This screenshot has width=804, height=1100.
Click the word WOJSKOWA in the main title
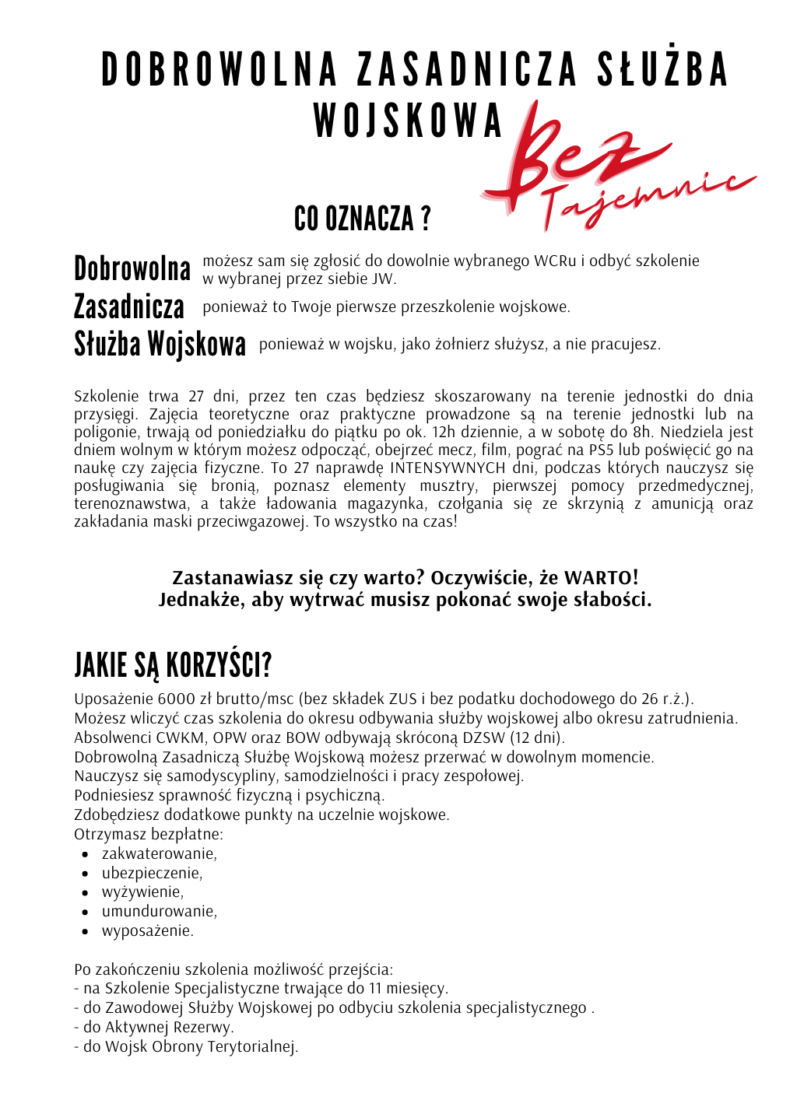click(409, 121)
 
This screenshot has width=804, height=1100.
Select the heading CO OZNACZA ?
click(362, 219)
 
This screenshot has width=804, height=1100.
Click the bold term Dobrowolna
click(132, 269)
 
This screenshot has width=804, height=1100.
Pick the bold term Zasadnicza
click(129, 307)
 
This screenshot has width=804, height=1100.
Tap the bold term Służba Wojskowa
click(160, 344)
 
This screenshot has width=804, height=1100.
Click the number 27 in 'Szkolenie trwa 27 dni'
click(197, 396)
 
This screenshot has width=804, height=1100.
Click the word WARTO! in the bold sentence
click(601, 578)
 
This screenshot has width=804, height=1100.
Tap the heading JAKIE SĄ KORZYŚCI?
click(173, 666)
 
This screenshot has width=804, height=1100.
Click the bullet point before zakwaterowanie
click(86, 854)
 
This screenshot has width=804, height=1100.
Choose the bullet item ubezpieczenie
click(152, 873)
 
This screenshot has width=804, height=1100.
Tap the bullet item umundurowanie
click(159, 911)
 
